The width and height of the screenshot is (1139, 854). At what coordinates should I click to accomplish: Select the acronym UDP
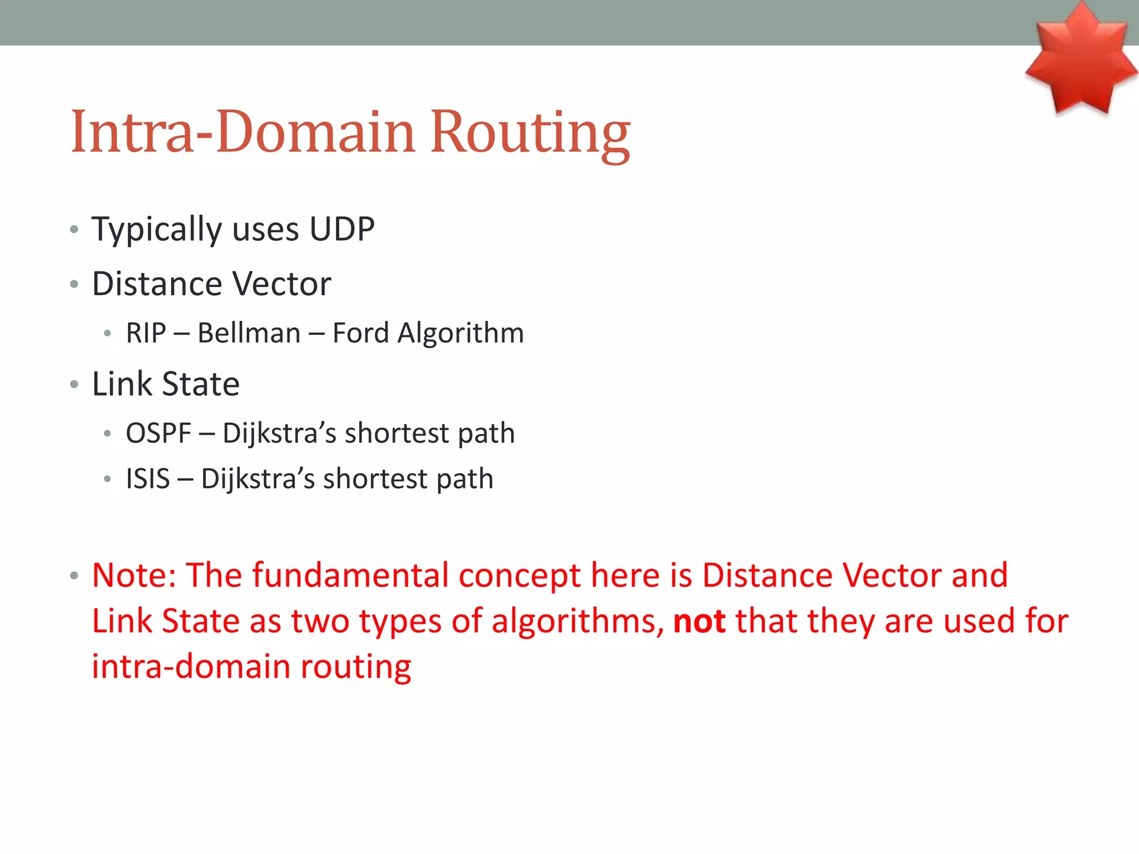[342, 229]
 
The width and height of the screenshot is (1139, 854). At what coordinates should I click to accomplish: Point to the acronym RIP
[146, 333]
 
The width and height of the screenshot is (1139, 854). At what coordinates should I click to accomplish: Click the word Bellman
[249, 333]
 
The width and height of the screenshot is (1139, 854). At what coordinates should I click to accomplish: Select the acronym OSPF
[159, 433]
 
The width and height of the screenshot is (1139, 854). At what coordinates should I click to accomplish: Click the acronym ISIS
[148, 479]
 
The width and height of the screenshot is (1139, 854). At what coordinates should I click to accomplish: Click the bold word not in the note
[699, 621]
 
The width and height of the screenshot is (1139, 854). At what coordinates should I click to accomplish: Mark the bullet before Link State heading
[75, 384]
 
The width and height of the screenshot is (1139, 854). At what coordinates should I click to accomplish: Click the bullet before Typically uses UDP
[75, 229]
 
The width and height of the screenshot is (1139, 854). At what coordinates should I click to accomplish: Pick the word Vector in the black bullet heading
[282, 284]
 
